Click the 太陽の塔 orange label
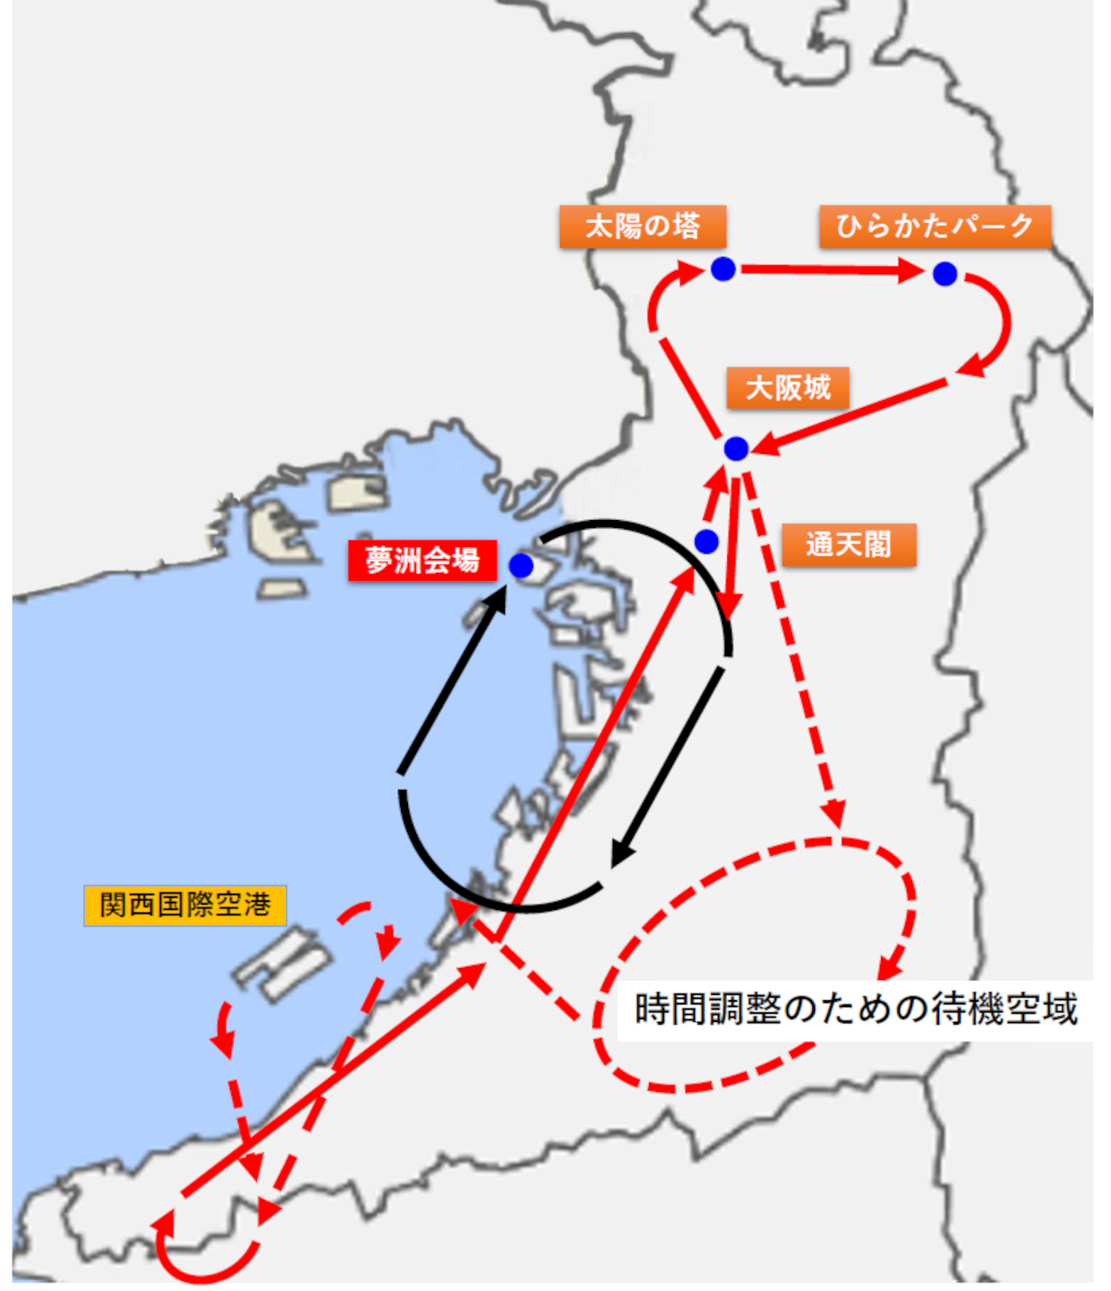pyautogui.click(x=642, y=227)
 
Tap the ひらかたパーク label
pyautogui.click(x=935, y=227)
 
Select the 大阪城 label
pyautogui.click(x=787, y=387)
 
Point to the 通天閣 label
pyautogui.click(x=848, y=544)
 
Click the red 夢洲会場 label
pyautogui.click(x=422, y=561)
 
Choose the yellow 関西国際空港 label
pyautogui.click(x=185, y=905)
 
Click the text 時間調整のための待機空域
pyautogui.click(x=856, y=1009)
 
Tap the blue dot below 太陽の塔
pyautogui.click(x=723, y=269)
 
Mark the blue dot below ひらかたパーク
pyautogui.click(x=945, y=274)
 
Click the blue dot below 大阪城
pyautogui.click(x=736, y=449)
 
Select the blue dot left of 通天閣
pyautogui.click(x=707, y=542)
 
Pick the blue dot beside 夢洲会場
pyautogui.click(x=521, y=566)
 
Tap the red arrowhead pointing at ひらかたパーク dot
pyautogui.click(x=911, y=272)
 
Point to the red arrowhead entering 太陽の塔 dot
pyautogui.click(x=691, y=274)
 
